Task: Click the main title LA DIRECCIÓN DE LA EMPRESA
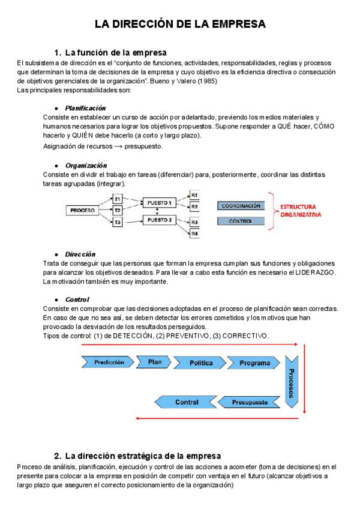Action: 180,24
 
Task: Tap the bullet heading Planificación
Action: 85,108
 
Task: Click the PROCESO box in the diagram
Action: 82,211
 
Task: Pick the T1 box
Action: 118,199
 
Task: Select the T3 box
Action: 118,223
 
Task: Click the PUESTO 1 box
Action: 160,203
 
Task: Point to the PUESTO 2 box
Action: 160,220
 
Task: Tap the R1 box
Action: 195,195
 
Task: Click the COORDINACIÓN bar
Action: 241,206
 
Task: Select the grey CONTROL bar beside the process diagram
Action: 241,221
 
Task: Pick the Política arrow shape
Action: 201,363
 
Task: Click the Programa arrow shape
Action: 254,363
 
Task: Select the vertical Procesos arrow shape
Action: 292,383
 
